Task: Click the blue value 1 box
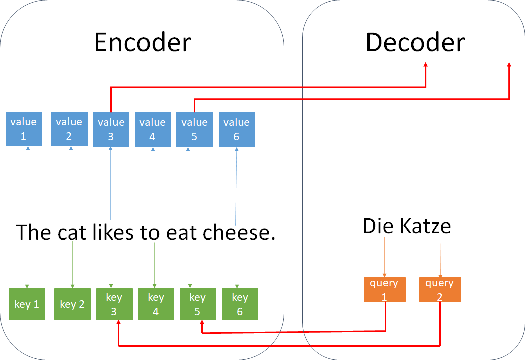(x=24, y=129)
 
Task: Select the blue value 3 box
(x=111, y=130)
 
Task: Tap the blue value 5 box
(x=194, y=130)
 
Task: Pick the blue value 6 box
(x=237, y=130)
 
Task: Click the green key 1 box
(x=27, y=304)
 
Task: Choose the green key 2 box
(x=72, y=304)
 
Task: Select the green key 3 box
(x=114, y=304)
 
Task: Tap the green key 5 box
(x=198, y=304)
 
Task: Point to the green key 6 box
(x=240, y=304)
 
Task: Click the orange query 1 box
(x=384, y=290)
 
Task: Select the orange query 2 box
(x=440, y=290)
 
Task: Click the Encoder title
(x=142, y=43)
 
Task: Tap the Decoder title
(x=415, y=43)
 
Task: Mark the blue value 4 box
(x=153, y=130)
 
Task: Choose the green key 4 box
(x=156, y=304)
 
